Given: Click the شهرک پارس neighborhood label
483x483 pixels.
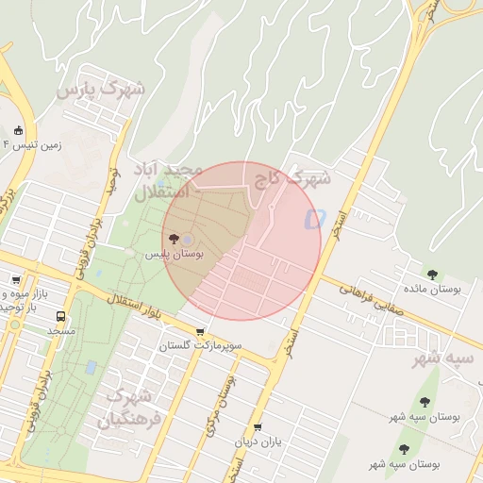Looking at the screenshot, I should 100,91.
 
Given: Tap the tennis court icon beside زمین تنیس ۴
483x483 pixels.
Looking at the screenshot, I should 20,130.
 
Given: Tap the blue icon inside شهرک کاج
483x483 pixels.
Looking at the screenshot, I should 313,219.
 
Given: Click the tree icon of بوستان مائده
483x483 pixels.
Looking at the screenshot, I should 432,275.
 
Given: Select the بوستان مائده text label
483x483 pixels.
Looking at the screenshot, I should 432,290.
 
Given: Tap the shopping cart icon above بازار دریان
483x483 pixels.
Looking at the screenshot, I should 258,427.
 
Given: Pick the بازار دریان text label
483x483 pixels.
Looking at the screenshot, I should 258,442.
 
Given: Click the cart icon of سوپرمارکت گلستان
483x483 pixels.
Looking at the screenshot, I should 200,332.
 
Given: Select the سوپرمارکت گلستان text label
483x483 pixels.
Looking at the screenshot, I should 201,347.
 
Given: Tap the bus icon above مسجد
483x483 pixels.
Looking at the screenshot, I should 61,317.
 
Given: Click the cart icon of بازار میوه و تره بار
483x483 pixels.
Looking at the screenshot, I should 16,281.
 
